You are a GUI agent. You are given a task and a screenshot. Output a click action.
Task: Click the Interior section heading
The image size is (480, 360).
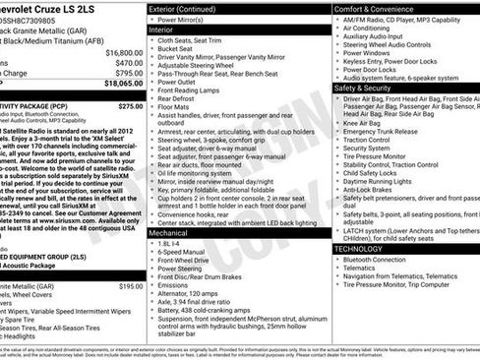162,30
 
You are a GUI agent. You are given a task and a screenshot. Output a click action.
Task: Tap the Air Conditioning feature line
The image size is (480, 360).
374,30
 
